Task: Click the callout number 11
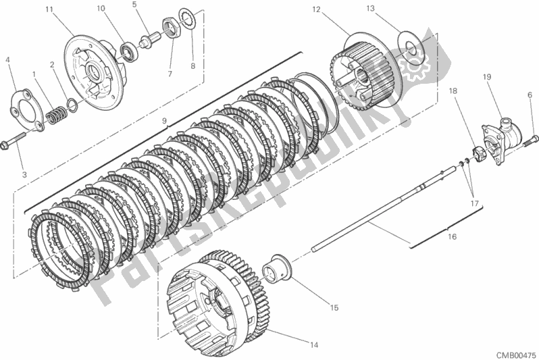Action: [49, 9]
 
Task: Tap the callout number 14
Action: [314, 345]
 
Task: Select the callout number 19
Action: [487, 77]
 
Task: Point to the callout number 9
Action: [164, 121]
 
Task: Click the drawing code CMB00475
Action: [517, 355]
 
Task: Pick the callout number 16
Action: [453, 236]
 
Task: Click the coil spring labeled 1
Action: [57, 115]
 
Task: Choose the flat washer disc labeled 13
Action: [411, 49]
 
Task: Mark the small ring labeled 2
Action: [72, 105]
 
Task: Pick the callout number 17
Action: [474, 203]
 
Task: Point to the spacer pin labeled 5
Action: [151, 39]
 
